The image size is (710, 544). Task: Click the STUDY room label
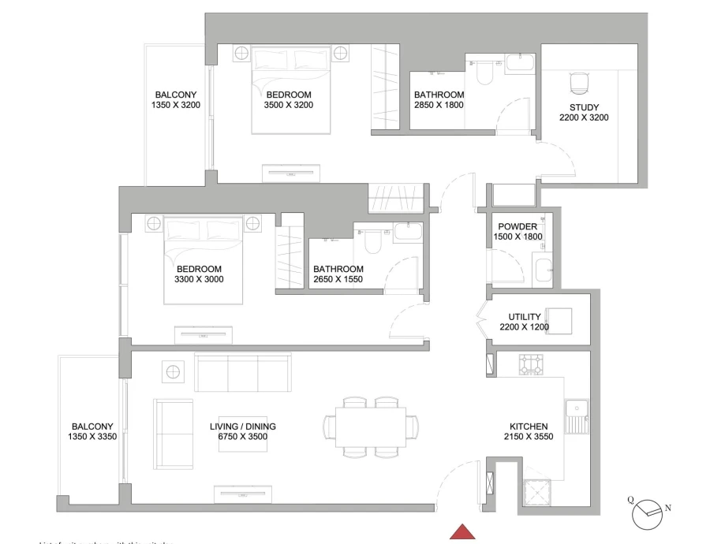[x=584, y=108]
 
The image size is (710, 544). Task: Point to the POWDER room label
[x=518, y=226]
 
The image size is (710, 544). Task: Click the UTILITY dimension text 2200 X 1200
[x=524, y=327]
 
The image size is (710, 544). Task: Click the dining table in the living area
[x=371, y=427]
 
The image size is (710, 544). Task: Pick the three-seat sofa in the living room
[x=242, y=372]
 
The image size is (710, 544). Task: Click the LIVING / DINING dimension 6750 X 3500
[x=242, y=437]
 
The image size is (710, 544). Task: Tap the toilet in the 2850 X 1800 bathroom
[x=484, y=73]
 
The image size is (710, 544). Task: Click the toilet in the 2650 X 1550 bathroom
[x=372, y=241]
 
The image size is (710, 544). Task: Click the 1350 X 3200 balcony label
[x=177, y=105]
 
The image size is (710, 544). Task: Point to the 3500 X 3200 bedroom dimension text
[x=289, y=105]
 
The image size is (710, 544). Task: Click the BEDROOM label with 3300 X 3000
[x=198, y=269]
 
